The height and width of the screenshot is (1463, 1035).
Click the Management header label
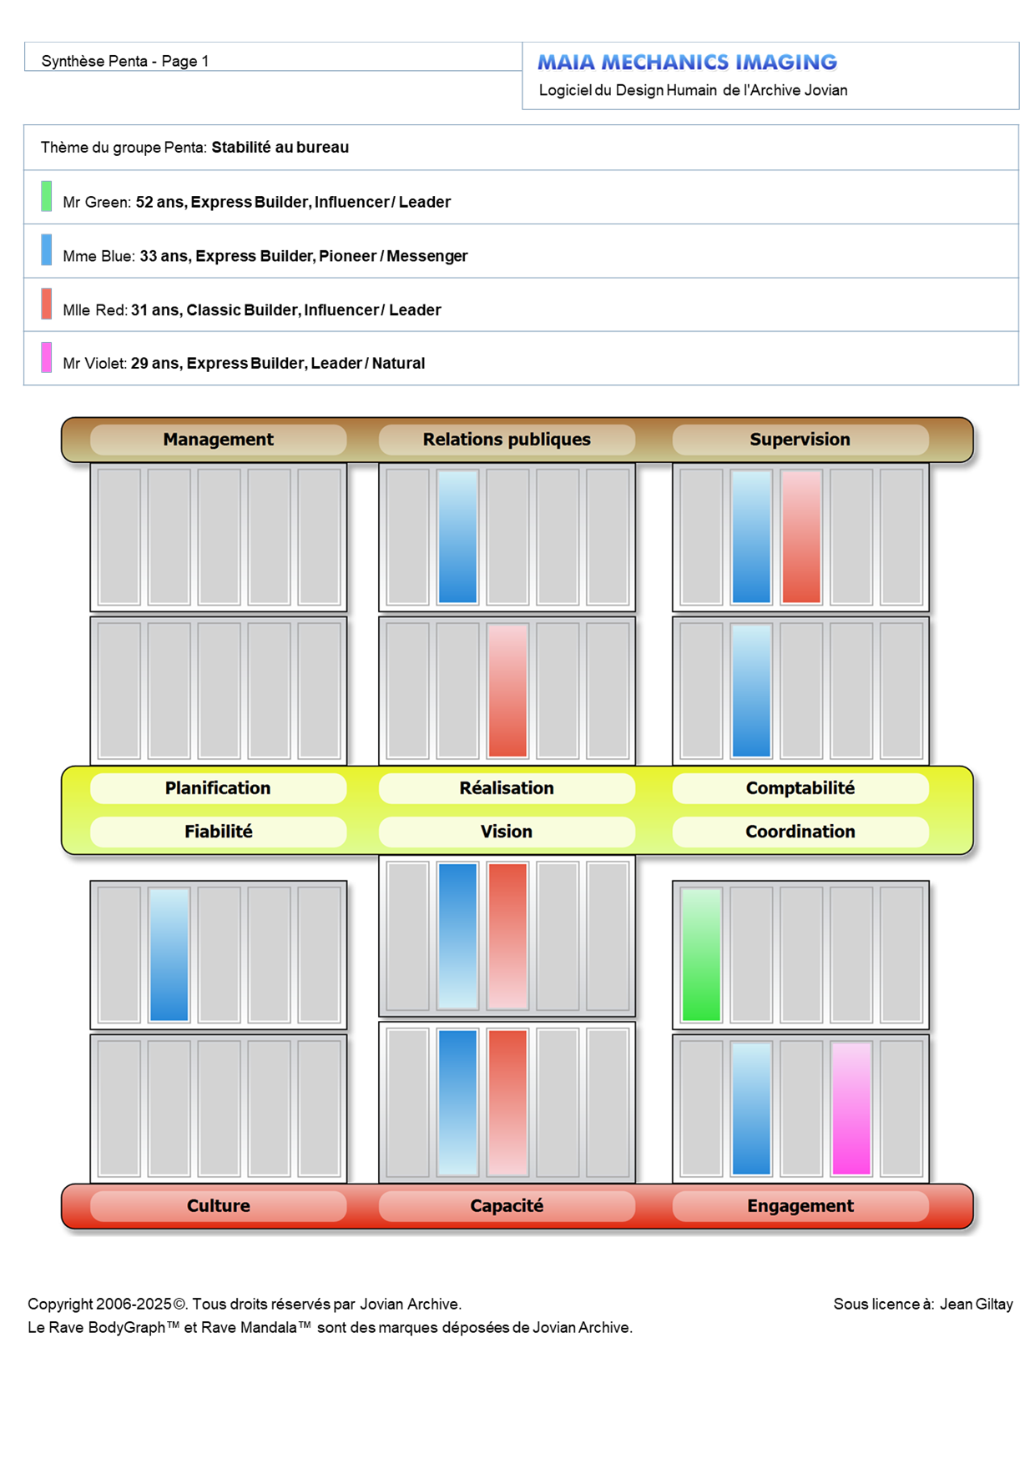coord(218,440)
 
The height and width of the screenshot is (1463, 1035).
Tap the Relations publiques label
coord(507,440)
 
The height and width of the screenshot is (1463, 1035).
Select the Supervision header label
coord(800,440)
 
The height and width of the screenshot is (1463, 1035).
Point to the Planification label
coord(218,788)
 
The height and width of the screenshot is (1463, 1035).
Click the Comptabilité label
coord(800,788)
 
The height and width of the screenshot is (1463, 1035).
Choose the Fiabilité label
coord(218,832)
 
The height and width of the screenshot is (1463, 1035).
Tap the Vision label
coord(507,832)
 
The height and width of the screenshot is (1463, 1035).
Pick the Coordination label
coord(800,832)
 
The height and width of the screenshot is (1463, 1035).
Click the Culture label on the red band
coord(218,1206)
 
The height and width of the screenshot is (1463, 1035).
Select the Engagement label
coord(800,1206)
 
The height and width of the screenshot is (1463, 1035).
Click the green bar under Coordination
coord(701,954)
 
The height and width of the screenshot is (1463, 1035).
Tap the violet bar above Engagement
coord(851,1109)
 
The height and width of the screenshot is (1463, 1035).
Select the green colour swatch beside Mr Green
coord(47,196)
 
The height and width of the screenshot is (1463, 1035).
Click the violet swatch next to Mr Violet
coord(47,357)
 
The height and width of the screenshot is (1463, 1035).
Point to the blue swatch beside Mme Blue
coord(47,249)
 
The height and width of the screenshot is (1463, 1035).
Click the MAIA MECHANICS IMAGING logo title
coord(687,63)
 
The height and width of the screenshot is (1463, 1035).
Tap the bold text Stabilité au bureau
coord(280,148)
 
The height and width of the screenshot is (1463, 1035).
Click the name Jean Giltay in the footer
coord(976,1305)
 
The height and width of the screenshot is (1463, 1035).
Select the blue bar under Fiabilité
coord(169,954)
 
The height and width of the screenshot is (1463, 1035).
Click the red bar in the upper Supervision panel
coord(801,536)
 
